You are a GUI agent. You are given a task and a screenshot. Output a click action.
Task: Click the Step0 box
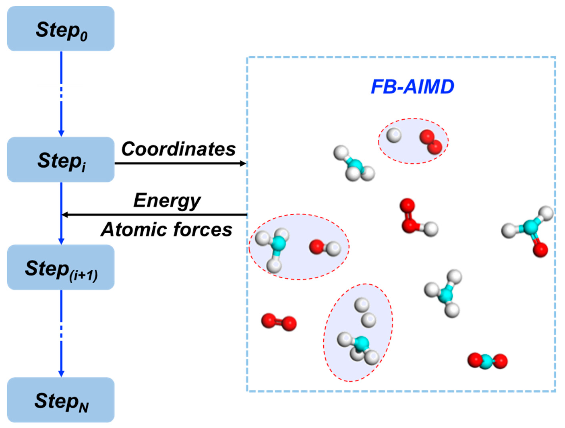[x=61, y=29]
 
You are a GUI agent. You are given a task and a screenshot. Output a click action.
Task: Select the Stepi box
[x=61, y=159]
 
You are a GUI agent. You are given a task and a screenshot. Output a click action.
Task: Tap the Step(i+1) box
[x=61, y=267]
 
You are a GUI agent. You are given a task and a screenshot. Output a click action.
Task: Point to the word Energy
[x=167, y=201]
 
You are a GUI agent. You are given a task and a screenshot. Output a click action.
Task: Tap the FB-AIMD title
[x=412, y=87]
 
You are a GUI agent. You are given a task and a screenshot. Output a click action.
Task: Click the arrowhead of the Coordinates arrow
[x=243, y=163]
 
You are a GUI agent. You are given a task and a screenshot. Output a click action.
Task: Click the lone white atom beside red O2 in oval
[x=394, y=135]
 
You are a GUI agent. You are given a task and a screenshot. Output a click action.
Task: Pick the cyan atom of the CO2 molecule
[x=487, y=362]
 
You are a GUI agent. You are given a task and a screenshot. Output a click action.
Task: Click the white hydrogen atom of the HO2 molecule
[x=431, y=229]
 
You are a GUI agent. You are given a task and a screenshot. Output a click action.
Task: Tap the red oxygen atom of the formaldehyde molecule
[x=540, y=250]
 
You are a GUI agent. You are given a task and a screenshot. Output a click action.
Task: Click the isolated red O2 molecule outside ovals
[x=279, y=322]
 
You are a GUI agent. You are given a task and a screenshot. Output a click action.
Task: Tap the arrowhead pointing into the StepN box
[x=61, y=374]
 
